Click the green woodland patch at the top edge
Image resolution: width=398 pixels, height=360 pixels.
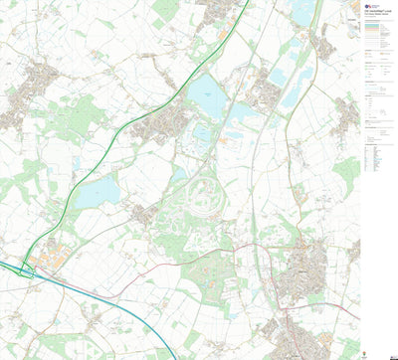tap(164, 10)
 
